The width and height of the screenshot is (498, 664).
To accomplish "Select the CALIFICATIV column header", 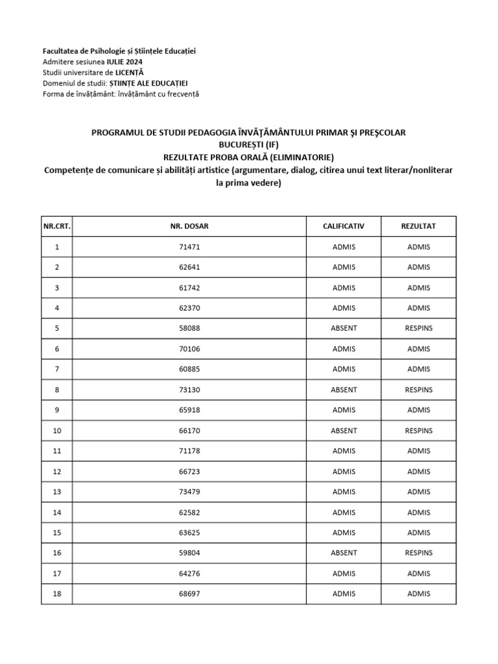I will point(344,226).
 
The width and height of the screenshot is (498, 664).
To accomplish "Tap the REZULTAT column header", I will point(418,226).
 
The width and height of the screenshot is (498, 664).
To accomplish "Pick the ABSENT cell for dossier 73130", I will point(344,390).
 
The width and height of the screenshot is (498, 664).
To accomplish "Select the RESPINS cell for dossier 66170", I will point(418,430).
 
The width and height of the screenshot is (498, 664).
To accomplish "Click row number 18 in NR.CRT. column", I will point(56,593).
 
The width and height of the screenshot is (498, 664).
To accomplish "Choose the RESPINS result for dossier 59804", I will point(418,552).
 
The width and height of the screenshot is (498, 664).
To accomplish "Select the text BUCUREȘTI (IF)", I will point(248,145).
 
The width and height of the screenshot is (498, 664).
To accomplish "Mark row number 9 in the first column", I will point(56,410).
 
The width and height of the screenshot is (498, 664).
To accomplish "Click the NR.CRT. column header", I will point(56,226).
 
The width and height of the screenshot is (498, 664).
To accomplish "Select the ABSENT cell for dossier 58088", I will point(344,328).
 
